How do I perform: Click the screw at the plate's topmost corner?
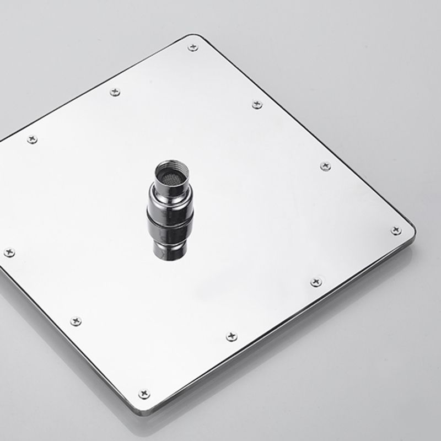(x=192, y=47)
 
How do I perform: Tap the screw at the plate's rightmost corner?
(x=396, y=230)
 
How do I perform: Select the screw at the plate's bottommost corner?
(x=144, y=394)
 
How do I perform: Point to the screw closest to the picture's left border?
(x=9, y=252)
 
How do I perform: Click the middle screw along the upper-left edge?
(x=115, y=92)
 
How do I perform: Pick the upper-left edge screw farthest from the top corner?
(x=32, y=139)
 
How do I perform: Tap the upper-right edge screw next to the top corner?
(x=257, y=104)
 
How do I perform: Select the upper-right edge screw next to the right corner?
(x=325, y=166)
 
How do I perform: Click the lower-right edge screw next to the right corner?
(x=316, y=282)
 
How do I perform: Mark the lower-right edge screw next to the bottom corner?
(x=232, y=336)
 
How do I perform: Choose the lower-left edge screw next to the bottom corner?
(x=76, y=321)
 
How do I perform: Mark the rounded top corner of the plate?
(x=196, y=37)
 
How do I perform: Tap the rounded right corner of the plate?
(x=412, y=230)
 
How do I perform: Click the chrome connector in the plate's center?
(x=170, y=209)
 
